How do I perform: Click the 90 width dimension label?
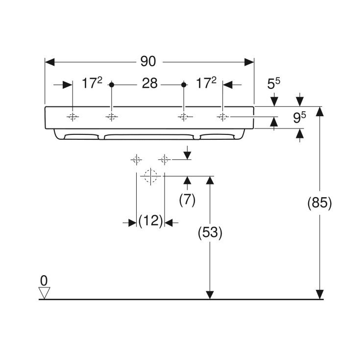click(148, 62)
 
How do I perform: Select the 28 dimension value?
click(150, 83)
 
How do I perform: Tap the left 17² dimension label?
click(92, 83)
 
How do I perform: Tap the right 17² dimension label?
click(206, 83)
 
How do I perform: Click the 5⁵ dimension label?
click(274, 83)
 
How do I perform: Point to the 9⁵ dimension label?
click(299, 117)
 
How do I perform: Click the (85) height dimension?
click(319, 203)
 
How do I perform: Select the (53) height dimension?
click(210, 232)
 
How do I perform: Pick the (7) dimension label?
click(187, 200)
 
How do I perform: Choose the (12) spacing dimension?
click(150, 220)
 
